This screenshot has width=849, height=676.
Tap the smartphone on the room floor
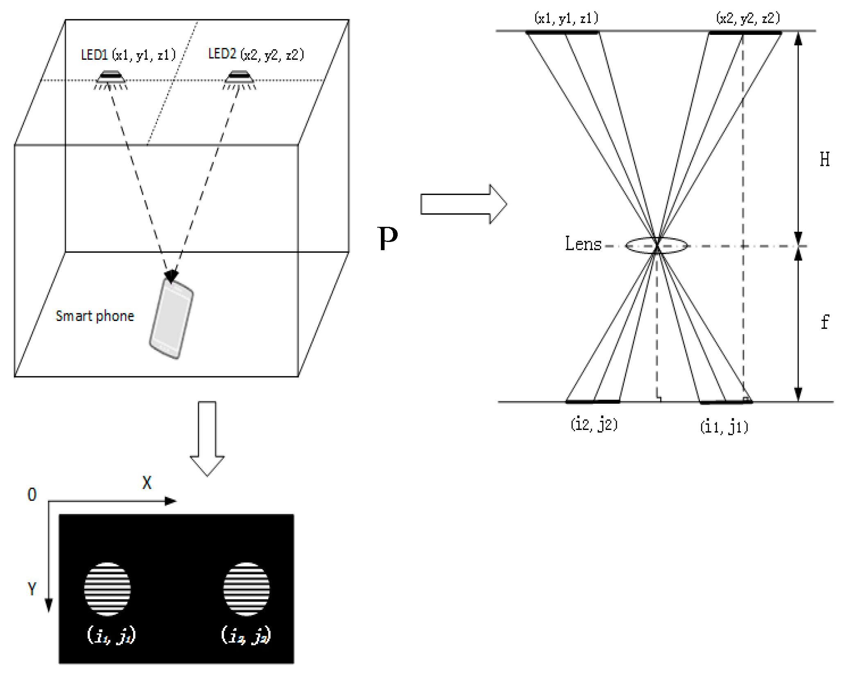coord(172,318)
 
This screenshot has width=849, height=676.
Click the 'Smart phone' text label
coord(95,316)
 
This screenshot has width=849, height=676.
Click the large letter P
coord(387,239)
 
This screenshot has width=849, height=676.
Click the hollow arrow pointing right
coord(463,204)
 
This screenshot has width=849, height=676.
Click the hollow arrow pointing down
coord(207,439)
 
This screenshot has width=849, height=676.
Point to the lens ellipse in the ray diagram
coord(656,246)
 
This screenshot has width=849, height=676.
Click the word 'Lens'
coord(583,244)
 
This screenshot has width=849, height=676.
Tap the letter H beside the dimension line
coord(824,160)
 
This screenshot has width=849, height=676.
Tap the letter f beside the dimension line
coord(825,322)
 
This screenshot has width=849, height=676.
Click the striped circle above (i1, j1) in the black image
coord(107,589)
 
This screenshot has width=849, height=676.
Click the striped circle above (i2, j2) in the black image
coord(247,589)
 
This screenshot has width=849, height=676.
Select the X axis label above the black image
coord(147,483)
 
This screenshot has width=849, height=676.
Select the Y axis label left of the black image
coord(32,589)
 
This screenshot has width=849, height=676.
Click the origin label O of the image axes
coord(32,495)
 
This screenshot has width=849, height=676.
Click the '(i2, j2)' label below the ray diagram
coord(594,424)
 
